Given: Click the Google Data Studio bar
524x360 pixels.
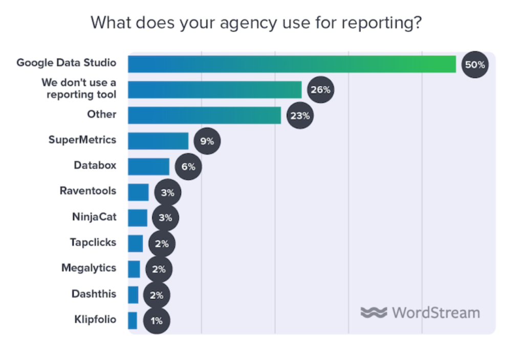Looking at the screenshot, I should pos(292,64).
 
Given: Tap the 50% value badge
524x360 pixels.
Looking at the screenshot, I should pos(474,64).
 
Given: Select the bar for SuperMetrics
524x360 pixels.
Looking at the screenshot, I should pos(158,141).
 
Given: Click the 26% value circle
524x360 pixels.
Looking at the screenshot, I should pos(320,90).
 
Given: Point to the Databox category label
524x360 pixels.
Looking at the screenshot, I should pos(95,165).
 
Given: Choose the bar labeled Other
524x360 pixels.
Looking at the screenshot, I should pos(204,116).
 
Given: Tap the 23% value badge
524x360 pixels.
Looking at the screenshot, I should pos(300,116).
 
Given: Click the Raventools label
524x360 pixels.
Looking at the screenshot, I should pos(88,191).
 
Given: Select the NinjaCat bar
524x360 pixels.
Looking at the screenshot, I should pos(138,218).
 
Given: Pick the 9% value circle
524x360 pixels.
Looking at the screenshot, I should pos(207,141).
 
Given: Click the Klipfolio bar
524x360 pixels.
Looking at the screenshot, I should pos(133,321).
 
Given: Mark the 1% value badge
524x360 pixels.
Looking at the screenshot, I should pos(156,321).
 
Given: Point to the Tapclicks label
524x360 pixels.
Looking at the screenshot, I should pos(93,242).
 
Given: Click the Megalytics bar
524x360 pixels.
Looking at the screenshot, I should pos(134,269).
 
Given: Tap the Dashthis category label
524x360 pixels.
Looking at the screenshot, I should pos(94,294).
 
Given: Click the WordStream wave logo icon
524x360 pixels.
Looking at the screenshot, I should pos(374,312).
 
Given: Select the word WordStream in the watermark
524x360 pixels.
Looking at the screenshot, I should pos(436,312).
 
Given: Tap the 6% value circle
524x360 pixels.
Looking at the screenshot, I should pos(188,167).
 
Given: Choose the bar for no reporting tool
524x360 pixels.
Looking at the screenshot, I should pos(214,90).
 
